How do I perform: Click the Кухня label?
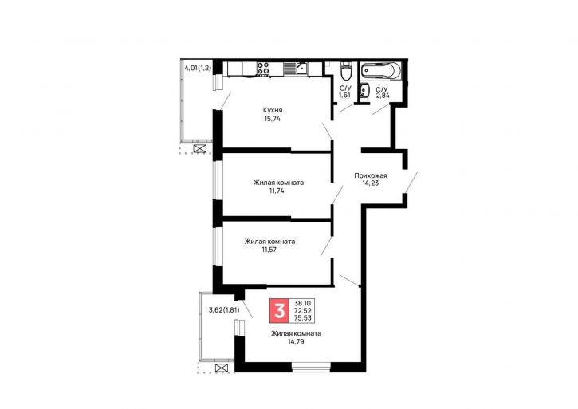point(273,110)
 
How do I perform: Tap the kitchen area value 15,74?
point(273,119)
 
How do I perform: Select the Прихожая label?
point(371,176)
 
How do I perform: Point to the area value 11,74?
point(277,191)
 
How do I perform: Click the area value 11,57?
point(269,250)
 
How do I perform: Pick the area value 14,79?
point(296,342)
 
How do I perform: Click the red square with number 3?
point(280,310)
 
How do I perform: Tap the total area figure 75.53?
point(302,317)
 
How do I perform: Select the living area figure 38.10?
point(302,303)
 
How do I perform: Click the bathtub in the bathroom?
point(380,70)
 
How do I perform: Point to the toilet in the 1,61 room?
point(346,72)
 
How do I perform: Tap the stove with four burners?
point(263,69)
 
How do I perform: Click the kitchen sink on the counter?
point(302,69)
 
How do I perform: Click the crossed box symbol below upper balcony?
point(199,148)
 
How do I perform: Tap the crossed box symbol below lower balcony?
point(221,368)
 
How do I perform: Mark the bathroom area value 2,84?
point(383,96)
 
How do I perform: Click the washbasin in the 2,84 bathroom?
point(364,91)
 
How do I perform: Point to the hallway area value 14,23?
point(370,183)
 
